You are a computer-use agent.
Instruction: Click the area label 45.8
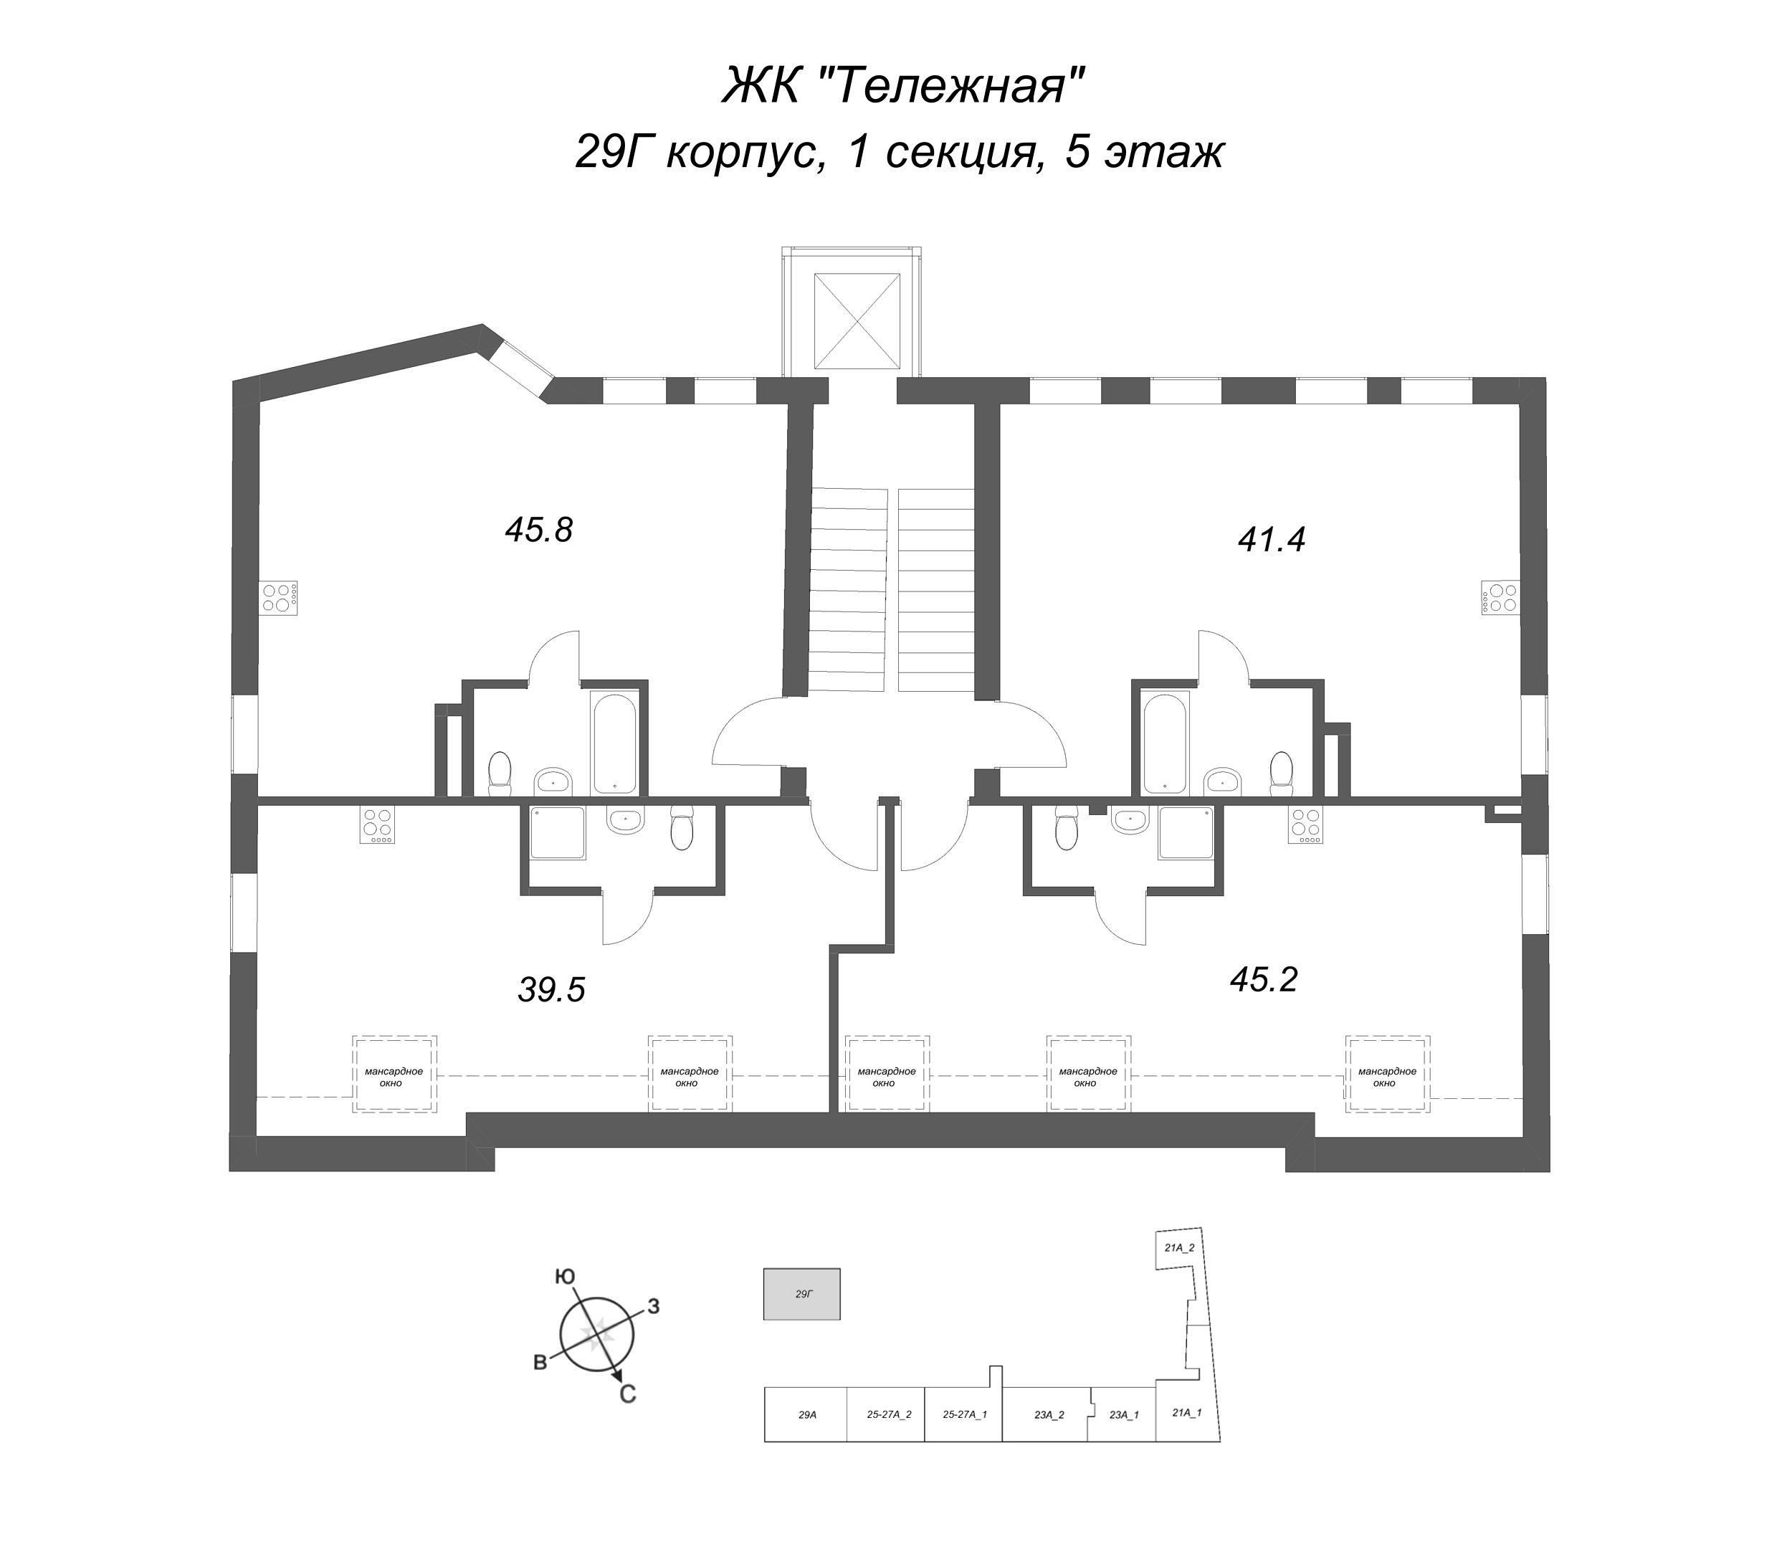[x=539, y=530]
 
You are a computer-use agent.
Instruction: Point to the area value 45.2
[x=1264, y=979]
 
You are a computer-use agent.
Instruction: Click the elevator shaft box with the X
[x=857, y=321]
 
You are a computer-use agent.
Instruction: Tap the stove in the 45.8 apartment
[x=280, y=599]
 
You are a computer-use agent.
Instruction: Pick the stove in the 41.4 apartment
[x=1498, y=596]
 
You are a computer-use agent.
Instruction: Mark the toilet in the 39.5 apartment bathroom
[x=682, y=829]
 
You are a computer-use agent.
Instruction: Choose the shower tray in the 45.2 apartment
[x=1186, y=832]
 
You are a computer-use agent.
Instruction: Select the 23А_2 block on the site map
[x=1048, y=1415]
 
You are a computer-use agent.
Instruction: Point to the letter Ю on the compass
[x=565, y=1277]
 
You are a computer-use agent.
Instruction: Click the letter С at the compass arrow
[x=628, y=1394]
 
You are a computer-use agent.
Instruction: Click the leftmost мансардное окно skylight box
[x=394, y=1075]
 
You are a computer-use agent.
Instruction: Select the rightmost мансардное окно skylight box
[x=1387, y=1075]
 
